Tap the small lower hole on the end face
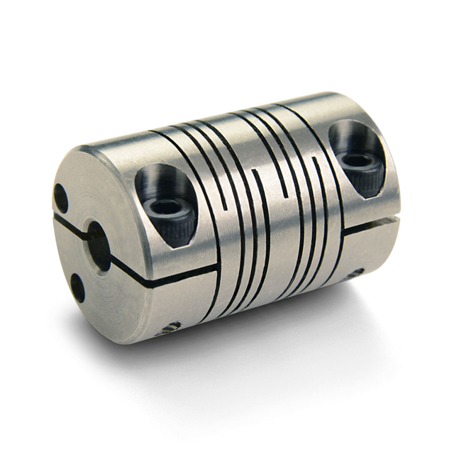77,287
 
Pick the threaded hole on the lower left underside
169,328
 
